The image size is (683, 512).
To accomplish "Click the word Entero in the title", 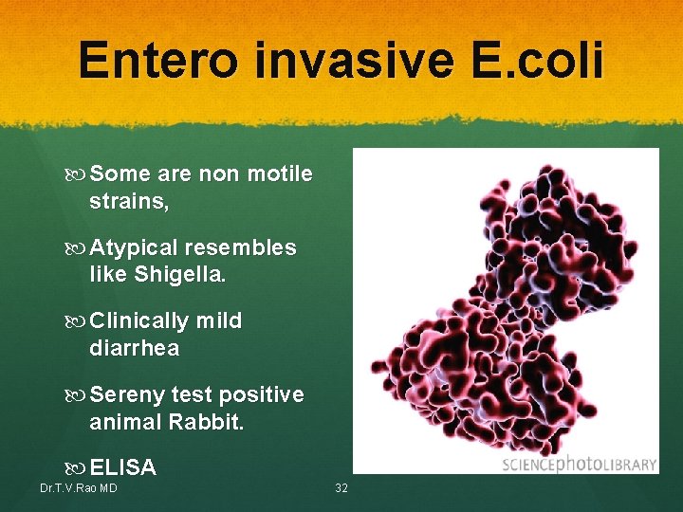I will [158, 60].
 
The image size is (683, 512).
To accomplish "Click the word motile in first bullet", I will [280, 174].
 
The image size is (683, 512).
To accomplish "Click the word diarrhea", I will [134, 348].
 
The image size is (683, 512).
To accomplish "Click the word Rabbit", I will [206, 421].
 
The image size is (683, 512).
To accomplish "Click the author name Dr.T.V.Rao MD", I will [79, 488].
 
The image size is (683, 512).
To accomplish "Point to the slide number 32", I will [342, 488].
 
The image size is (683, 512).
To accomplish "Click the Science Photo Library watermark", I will [579, 464].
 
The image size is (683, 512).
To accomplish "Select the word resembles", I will [240, 248].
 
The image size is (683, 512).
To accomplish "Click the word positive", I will [260, 394].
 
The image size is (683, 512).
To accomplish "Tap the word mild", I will [219, 321].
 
